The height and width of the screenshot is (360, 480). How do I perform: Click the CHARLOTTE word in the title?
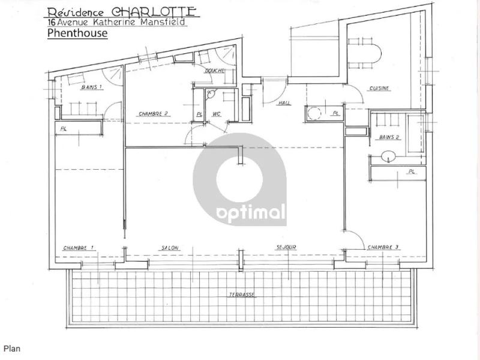[154, 11]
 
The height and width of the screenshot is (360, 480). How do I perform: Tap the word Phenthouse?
[77, 33]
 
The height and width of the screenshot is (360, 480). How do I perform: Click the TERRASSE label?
[242, 295]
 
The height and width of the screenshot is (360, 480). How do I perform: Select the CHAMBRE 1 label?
[79, 248]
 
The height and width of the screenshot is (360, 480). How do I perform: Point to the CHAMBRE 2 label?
[154, 114]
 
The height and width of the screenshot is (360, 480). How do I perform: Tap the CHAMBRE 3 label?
[383, 247]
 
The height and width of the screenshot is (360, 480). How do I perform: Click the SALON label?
[170, 248]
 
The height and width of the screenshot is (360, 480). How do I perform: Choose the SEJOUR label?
[286, 247]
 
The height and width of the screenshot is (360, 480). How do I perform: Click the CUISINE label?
[379, 88]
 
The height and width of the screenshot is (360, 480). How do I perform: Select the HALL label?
[284, 103]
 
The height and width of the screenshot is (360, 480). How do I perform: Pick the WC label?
[217, 114]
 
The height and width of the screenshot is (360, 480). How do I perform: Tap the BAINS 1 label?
[92, 87]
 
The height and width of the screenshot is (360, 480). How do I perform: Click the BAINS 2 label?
[389, 137]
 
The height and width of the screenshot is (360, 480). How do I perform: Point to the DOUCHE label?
[215, 71]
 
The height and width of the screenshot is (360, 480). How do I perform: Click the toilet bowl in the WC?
[211, 94]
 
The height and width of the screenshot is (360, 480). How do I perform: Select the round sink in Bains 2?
[389, 157]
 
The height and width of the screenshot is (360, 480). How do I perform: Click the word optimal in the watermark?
[251, 213]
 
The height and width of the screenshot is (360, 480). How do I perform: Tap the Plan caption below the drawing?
[12, 349]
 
